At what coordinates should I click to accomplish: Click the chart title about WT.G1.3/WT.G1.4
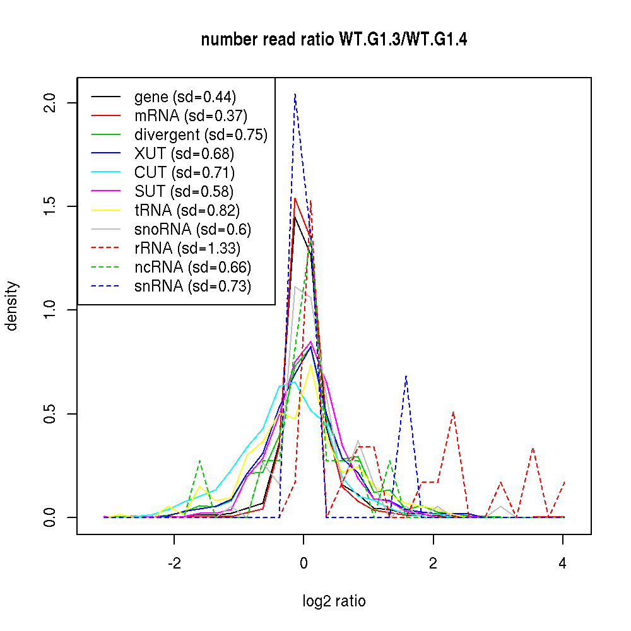[334, 40]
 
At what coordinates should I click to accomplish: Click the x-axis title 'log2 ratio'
[334, 601]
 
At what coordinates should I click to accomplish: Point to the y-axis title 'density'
[12, 306]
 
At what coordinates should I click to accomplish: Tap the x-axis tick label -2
[174, 563]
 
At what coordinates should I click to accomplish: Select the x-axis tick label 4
[562, 563]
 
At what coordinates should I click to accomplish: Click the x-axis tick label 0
[304, 563]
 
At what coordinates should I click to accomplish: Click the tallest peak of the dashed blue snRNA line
[295, 94]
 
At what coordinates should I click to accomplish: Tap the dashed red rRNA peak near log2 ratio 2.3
[453, 412]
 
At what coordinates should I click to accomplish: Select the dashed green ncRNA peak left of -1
[199, 461]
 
